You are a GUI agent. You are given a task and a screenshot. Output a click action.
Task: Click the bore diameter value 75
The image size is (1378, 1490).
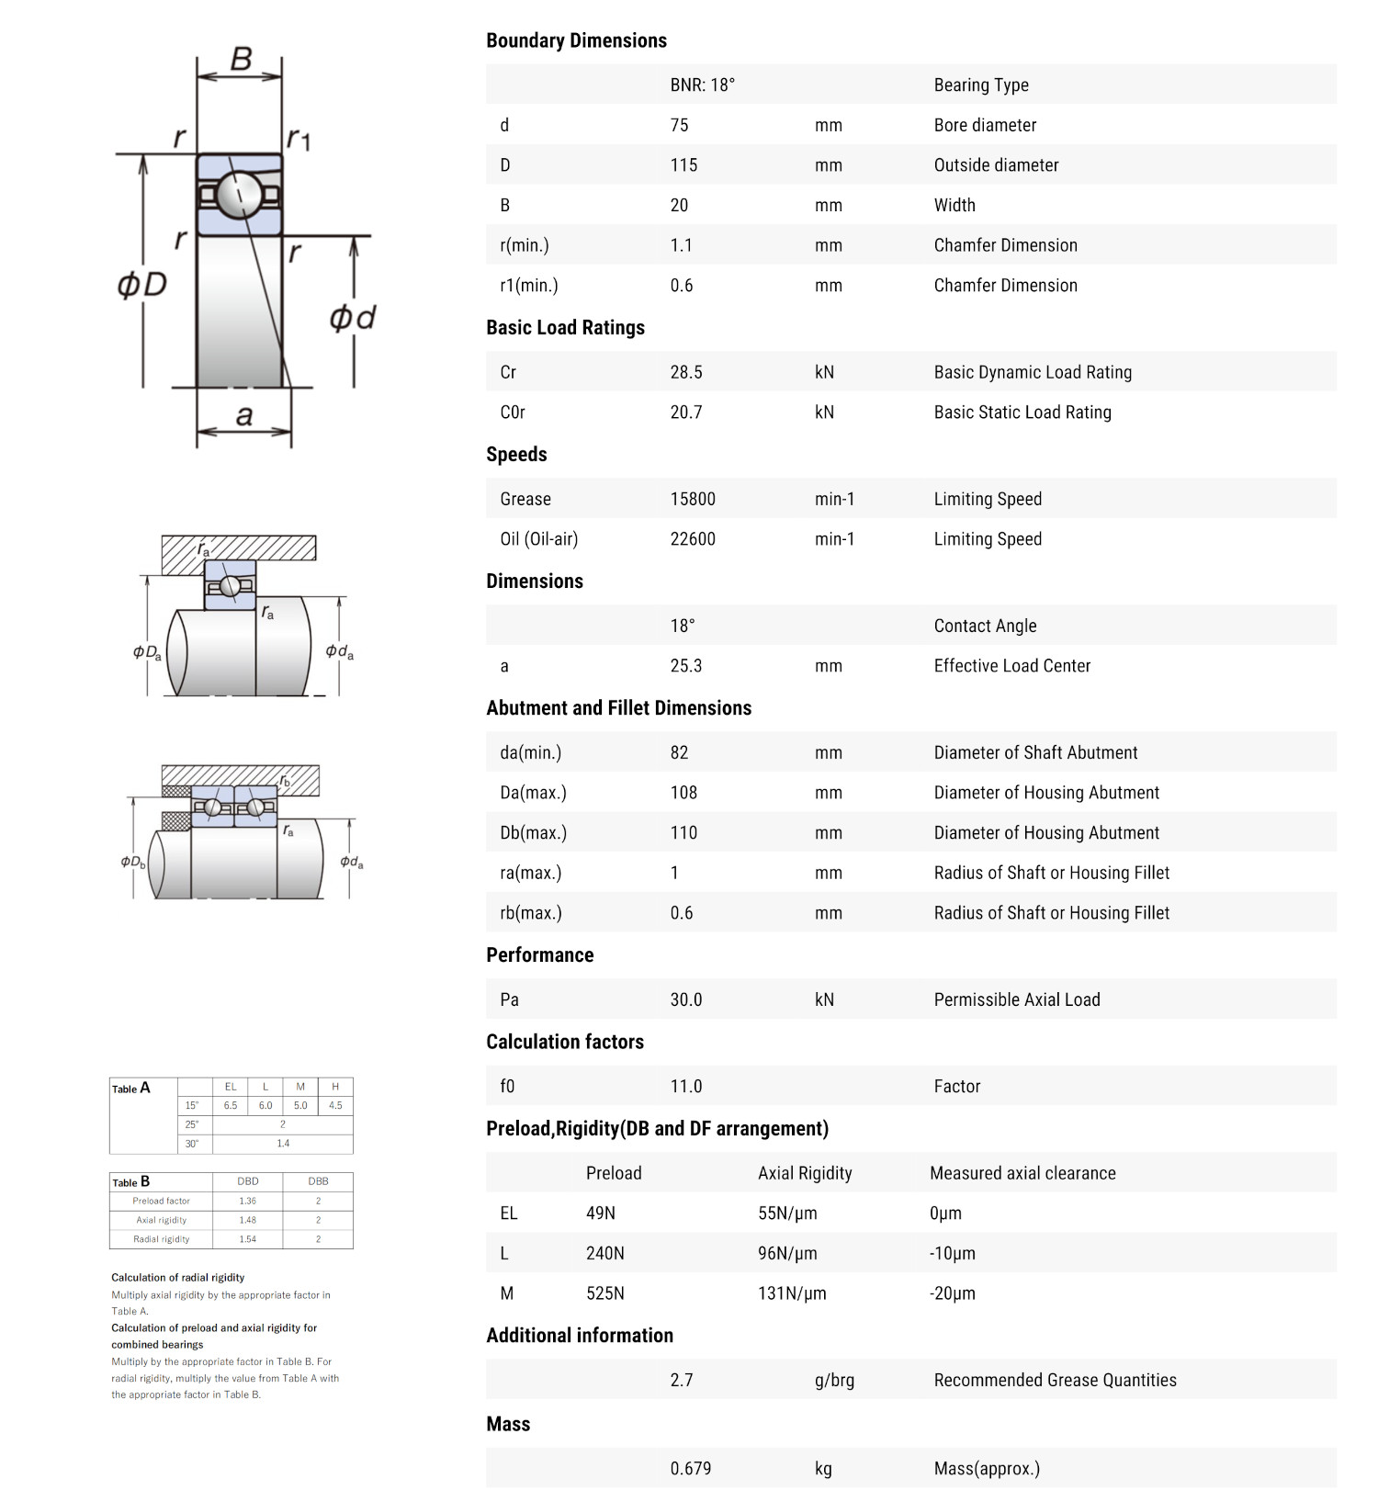pyautogui.click(x=679, y=125)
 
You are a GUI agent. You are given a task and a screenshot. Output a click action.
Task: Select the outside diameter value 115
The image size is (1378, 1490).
pyautogui.click(x=683, y=165)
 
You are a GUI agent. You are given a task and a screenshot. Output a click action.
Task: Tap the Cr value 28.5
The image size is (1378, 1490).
pyautogui.click(x=685, y=372)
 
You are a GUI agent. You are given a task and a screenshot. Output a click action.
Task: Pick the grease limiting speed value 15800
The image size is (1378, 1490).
pyautogui.click(x=692, y=499)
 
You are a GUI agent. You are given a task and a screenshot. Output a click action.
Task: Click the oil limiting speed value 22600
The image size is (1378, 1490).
pyautogui.click(x=692, y=539)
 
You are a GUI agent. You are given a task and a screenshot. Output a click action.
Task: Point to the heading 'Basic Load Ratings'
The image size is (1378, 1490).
pyautogui.click(x=565, y=328)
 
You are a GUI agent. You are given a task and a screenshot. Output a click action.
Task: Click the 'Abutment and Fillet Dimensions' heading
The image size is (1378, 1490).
pyautogui.click(x=618, y=708)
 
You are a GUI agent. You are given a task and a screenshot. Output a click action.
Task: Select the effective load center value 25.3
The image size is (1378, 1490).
pyautogui.click(x=685, y=666)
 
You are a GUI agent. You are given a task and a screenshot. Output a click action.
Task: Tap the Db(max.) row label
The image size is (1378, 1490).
pyautogui.click(x=533, y=833)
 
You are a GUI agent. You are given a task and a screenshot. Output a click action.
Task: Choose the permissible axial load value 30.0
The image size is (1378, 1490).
pyautogui.click(x=685, y=999)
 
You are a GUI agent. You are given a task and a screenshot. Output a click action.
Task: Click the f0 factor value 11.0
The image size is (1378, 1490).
pyautogui.click(x=685, y=1087)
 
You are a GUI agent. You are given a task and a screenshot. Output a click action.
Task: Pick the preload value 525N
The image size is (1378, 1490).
pyautogui.click(x=604, y=1293)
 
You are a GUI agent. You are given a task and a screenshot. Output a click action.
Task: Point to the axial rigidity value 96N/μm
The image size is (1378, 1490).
pyautogui.click(x=787, y=1253)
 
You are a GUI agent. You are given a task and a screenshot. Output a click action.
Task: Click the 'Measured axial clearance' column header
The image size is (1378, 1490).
pyautogui.click(x=1022, y=1173)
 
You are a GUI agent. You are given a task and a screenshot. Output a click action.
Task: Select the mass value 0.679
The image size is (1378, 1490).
pyautogui.click(x=690, y=1468)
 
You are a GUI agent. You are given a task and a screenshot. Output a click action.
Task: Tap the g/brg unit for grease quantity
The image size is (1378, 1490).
pyautogui.click(x=834, y=1380)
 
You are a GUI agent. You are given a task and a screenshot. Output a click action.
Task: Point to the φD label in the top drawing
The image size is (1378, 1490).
pyautogui.click(x=142, y=284)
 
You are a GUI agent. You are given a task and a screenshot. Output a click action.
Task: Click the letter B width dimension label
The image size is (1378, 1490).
pyautogui.click(x=241, y=60)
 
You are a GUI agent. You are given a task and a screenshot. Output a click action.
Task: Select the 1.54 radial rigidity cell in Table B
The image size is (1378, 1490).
pyautogui.click(x=247, y=1239)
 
